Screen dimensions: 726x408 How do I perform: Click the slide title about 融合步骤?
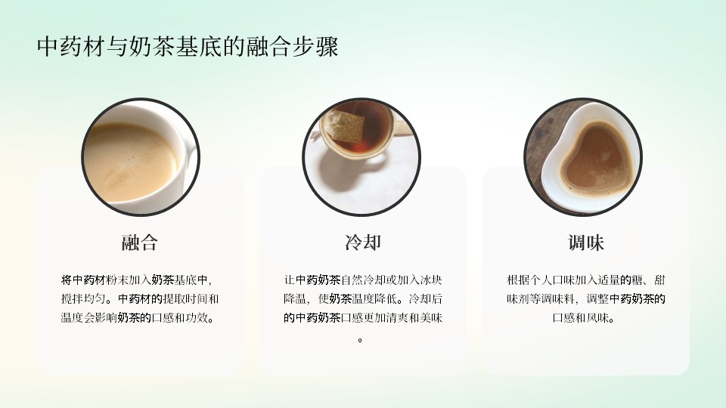188,47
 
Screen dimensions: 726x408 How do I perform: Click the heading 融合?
140,243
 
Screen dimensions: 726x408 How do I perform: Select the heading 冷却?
362,243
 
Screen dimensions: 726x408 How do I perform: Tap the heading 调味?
585,243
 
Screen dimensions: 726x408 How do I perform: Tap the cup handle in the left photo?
191,159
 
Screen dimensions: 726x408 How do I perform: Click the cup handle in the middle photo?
402,127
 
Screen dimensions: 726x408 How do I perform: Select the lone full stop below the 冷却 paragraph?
360,341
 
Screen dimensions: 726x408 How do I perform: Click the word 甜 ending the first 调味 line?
659,280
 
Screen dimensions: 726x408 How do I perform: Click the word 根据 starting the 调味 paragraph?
517,280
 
